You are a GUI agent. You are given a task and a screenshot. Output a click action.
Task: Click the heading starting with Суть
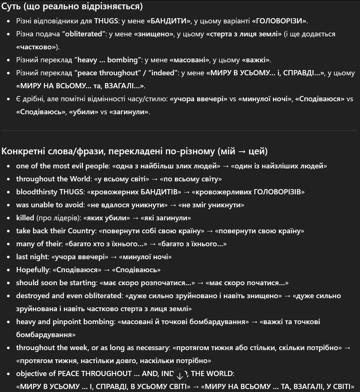(72, 6)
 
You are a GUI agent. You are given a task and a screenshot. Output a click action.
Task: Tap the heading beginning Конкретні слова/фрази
(134, 151)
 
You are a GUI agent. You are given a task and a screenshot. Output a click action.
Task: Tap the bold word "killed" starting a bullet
(25, 218)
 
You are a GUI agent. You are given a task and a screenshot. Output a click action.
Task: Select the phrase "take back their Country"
(55, 231)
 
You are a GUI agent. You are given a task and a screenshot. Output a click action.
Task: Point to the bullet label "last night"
(32, 257)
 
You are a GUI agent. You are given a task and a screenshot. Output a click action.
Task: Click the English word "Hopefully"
(32, 270)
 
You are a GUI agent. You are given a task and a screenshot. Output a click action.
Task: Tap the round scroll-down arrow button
(180, 375)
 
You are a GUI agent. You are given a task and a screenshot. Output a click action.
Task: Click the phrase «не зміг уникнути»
(211, 205)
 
